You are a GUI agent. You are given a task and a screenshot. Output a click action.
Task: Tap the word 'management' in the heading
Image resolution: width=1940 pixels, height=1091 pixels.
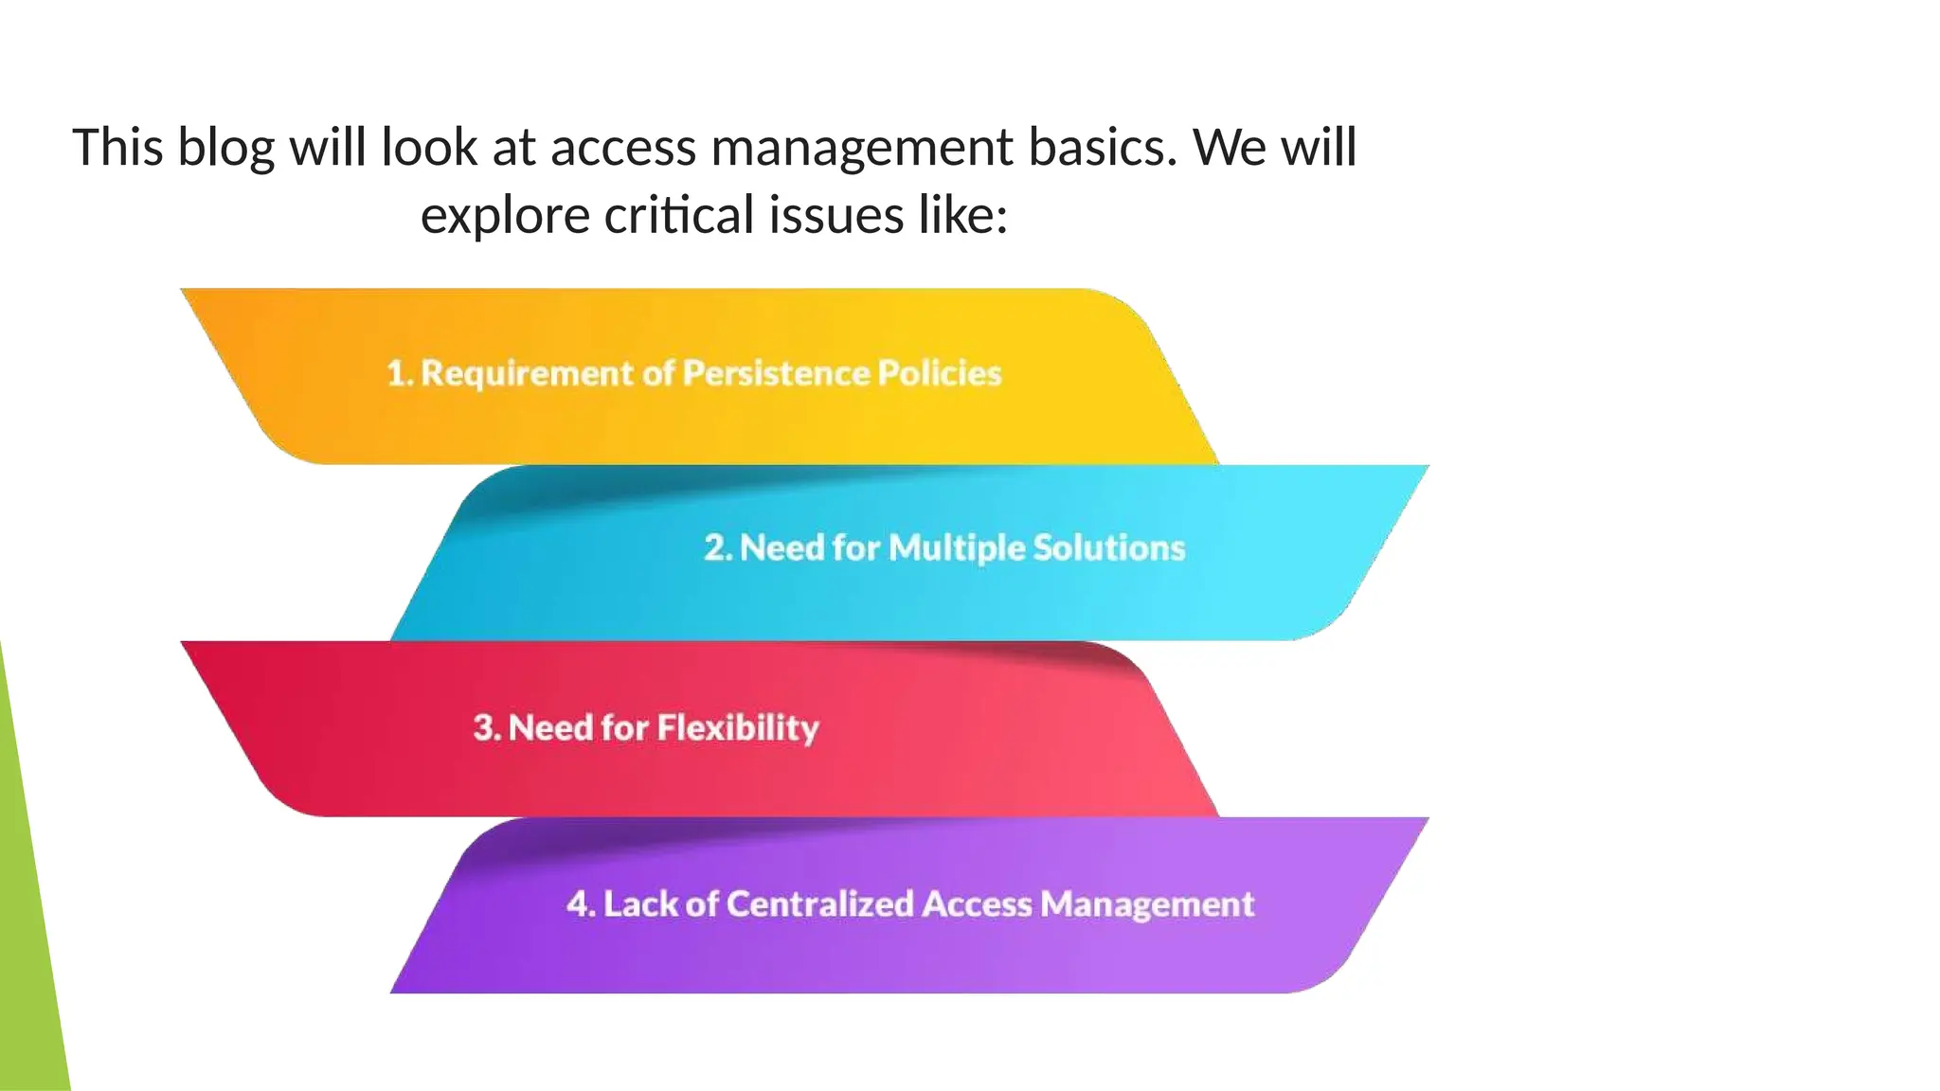coord(862,149)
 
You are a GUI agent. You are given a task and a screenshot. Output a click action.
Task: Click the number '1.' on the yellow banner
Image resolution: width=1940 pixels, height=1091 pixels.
coord(400,373)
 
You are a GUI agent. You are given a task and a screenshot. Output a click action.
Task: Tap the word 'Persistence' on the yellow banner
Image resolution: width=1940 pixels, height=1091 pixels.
coord(776,373)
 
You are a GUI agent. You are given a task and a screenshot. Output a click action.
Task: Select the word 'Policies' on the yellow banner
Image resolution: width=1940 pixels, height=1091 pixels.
coord(939,373)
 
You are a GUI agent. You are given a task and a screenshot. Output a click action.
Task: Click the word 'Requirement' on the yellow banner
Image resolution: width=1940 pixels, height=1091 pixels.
coord(527,373)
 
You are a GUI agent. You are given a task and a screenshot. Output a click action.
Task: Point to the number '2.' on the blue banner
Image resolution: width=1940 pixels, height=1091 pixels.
coord(718,548)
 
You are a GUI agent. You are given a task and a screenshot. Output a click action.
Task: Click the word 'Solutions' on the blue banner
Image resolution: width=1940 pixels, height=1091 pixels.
coord(1108,548)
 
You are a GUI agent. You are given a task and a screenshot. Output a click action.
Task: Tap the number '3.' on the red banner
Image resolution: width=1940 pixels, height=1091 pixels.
coord(487,727)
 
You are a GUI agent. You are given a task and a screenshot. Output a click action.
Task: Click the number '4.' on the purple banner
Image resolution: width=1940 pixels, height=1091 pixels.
coord(581,904)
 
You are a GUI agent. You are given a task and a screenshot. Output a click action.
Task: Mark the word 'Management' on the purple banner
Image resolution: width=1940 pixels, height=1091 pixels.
coord(1147,904)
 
